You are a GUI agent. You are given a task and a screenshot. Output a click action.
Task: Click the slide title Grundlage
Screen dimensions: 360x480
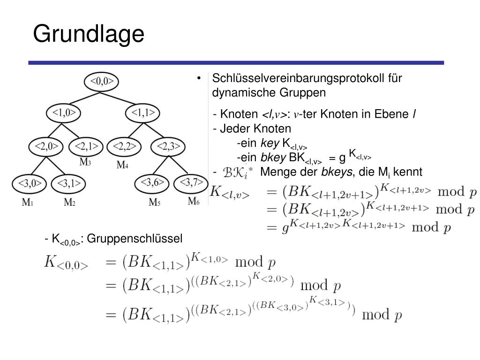click(x=89, y=34)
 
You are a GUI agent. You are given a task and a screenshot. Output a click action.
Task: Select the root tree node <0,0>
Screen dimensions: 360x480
click(x=102, y=82)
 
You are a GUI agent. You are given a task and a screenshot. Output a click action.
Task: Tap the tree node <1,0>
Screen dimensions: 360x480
click(x=64, y=113)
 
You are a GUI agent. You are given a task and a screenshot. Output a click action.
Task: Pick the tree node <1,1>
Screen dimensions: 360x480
click(x=143, y=113)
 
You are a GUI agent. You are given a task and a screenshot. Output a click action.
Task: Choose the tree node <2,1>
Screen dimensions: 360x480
click(x=86, y=146)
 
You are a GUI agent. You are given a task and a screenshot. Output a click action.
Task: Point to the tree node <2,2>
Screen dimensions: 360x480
click(x=124, y=146)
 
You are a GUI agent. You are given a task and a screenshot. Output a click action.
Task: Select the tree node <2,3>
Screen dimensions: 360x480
click(x=168, y=146)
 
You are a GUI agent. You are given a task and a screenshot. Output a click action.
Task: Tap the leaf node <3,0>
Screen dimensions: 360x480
click(x=30, y=182)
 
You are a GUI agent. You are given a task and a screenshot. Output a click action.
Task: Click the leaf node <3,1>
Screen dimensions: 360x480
click(x=69, y=182)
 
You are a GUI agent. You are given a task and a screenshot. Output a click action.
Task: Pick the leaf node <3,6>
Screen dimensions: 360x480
click(x=152, y=182)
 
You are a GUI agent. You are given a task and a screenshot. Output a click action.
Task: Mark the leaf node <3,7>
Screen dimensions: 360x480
click(x=191, y=182)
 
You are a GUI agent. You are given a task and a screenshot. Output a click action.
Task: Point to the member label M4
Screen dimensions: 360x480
click(x=122, y=165)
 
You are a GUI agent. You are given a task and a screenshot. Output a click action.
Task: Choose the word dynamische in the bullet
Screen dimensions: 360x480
click(x=243, y=92)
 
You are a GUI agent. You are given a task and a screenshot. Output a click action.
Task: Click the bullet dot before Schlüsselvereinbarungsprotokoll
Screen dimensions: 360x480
click(x=199, y=78)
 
